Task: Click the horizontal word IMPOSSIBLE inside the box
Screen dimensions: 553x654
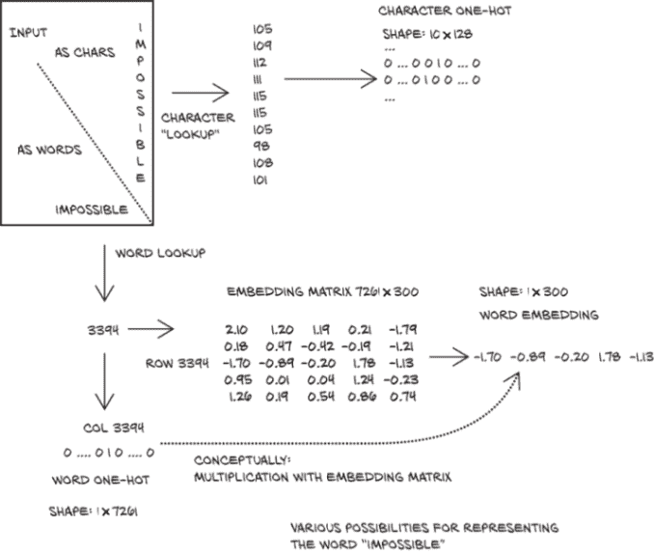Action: coord(92,208)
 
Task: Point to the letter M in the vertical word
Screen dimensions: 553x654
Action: coord(141,45)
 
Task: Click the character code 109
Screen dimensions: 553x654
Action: coord(261,44)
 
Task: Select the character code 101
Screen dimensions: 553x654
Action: coord(261,180)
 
